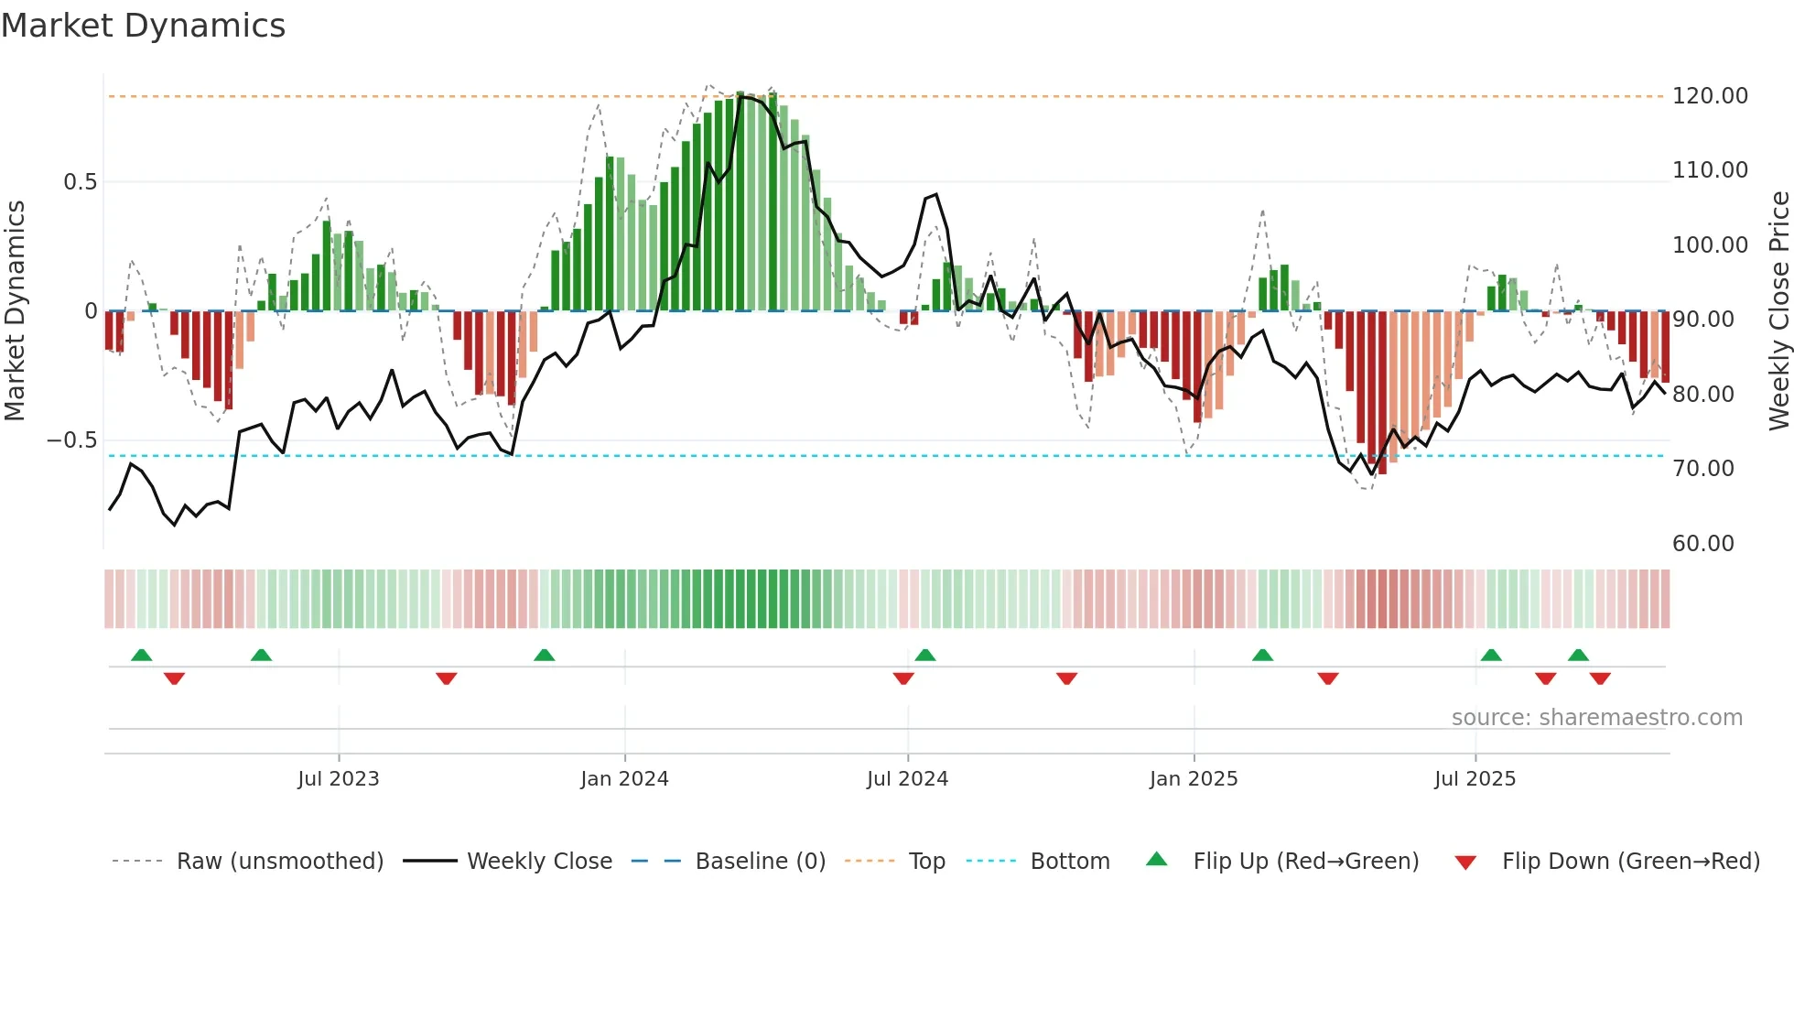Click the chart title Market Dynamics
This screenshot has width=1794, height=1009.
point(143,26)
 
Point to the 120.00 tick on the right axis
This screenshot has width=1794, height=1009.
point(1709,96)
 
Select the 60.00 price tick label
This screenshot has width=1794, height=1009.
point(1702,544)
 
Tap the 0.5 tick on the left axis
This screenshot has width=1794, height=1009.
point(80,182)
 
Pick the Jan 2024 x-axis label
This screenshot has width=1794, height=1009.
point(624,779)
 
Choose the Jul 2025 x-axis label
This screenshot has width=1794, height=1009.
point(1475,779)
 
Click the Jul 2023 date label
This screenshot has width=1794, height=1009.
point(338,779)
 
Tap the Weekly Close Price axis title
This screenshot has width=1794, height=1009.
point(1778,311)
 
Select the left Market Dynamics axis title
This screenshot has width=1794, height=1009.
point(15,311)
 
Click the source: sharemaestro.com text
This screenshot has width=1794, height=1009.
point(1596,718)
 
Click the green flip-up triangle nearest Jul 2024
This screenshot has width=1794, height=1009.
point(924,655)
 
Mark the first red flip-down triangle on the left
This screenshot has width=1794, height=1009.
point(174,678)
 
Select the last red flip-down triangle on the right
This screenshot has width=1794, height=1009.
point(1600,678)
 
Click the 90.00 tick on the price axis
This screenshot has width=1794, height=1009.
point(1702,320)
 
